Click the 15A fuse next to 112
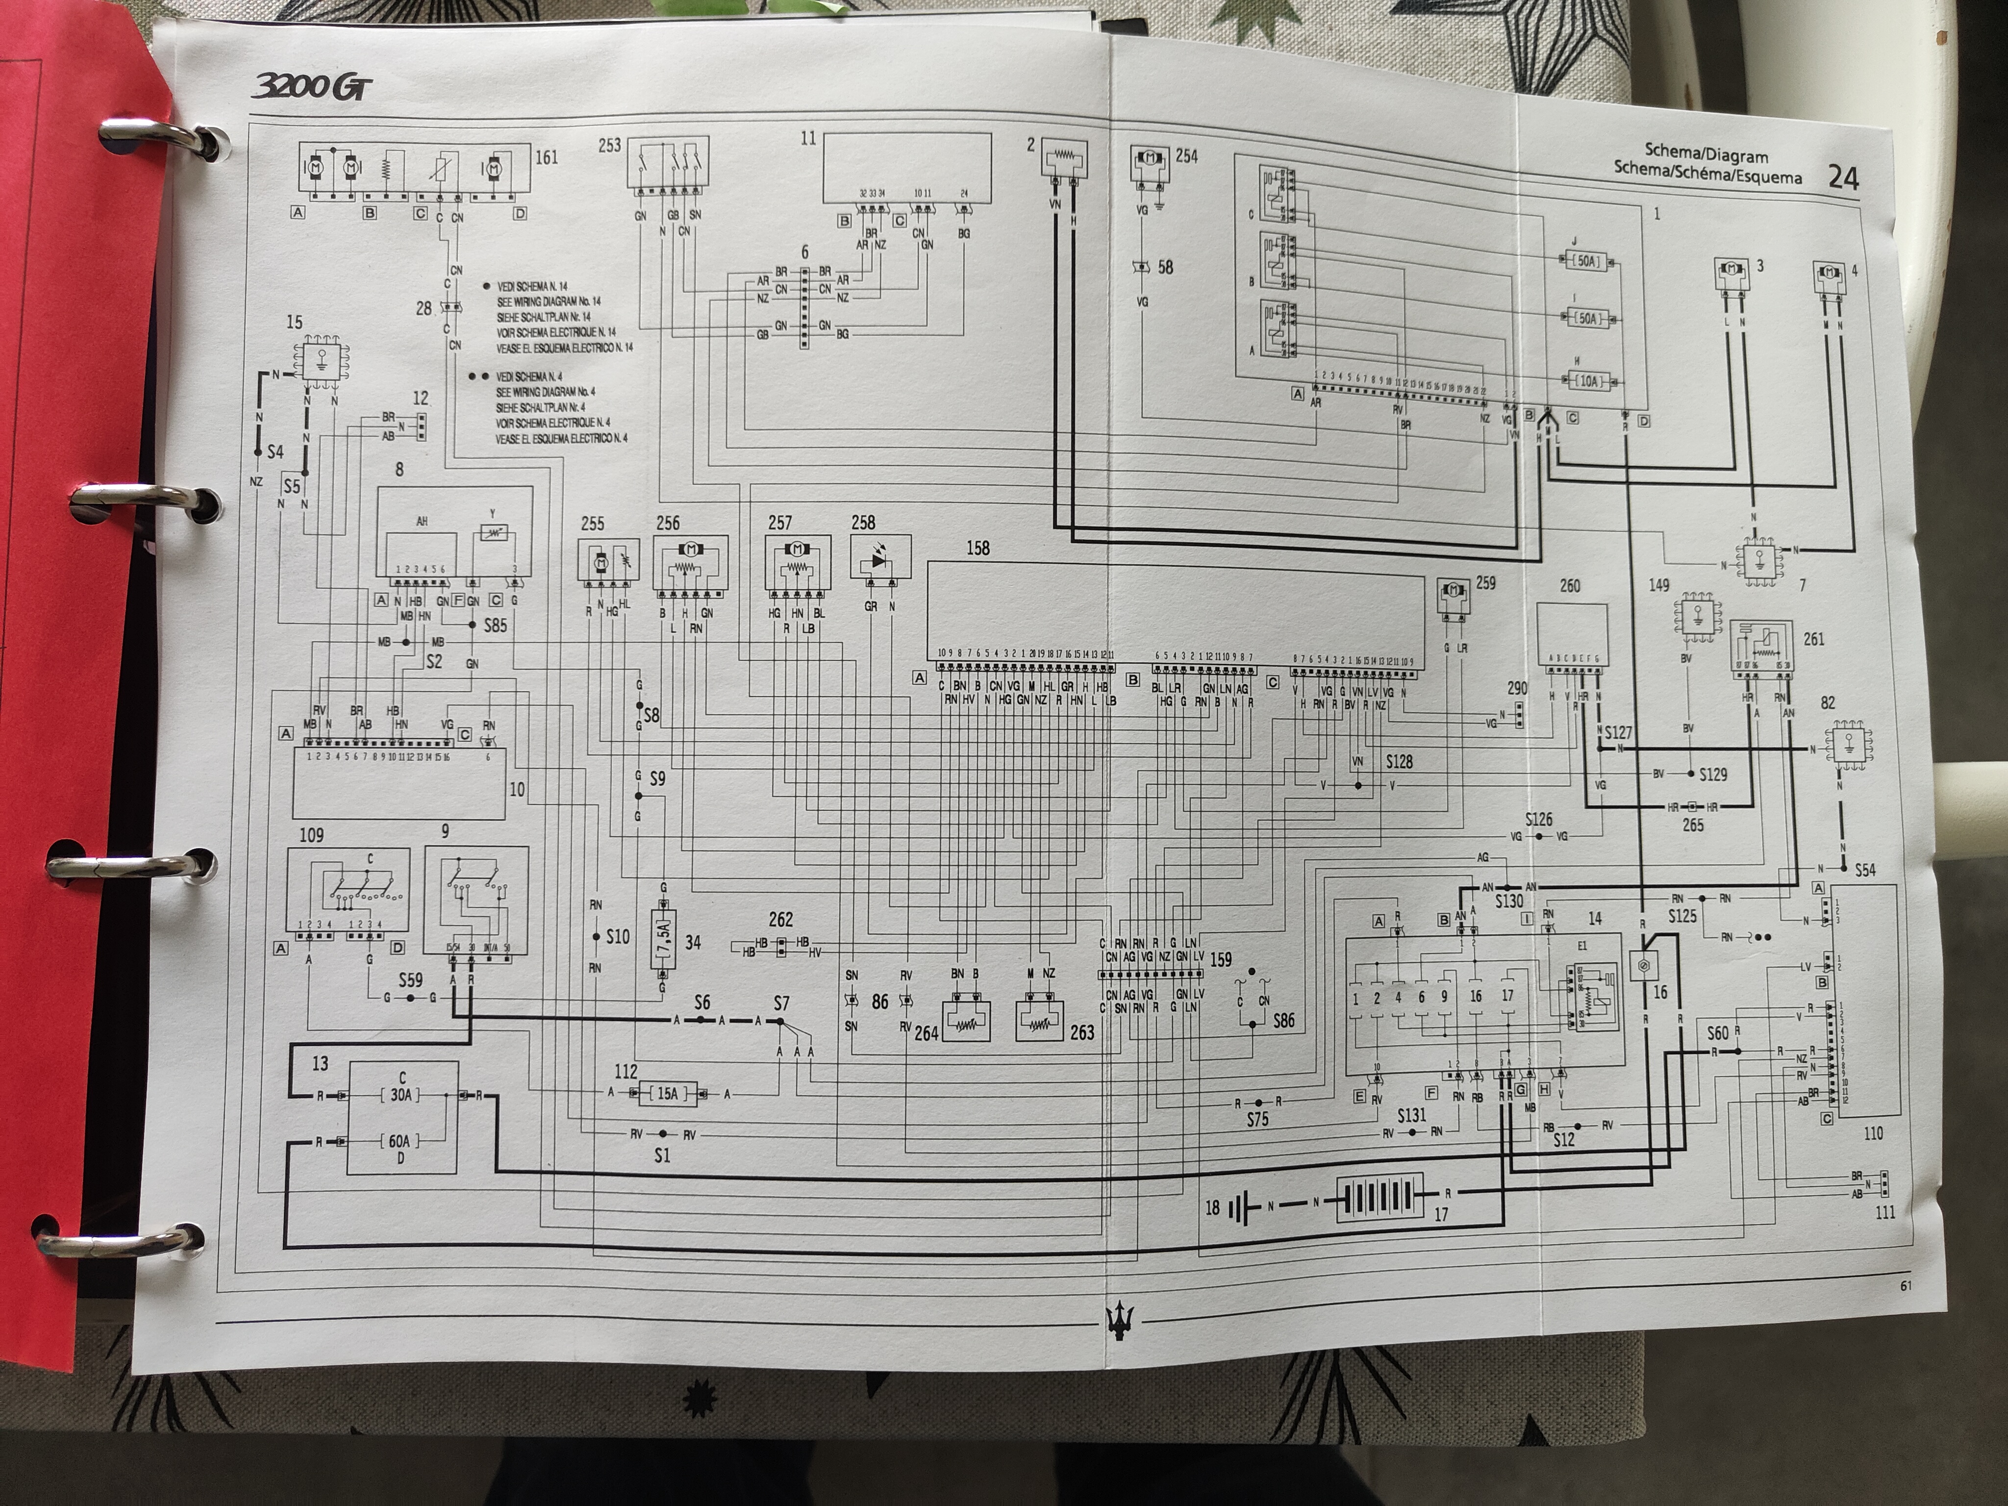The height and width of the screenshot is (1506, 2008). tap(667, 1094)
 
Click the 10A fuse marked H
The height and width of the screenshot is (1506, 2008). tap(1589, 381)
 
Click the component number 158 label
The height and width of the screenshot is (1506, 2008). tap(978, 548)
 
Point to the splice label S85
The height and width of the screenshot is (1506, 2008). tap(495, 626)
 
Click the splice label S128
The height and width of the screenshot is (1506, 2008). tap(1399, 762)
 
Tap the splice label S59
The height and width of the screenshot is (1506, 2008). tap(410, 980)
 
